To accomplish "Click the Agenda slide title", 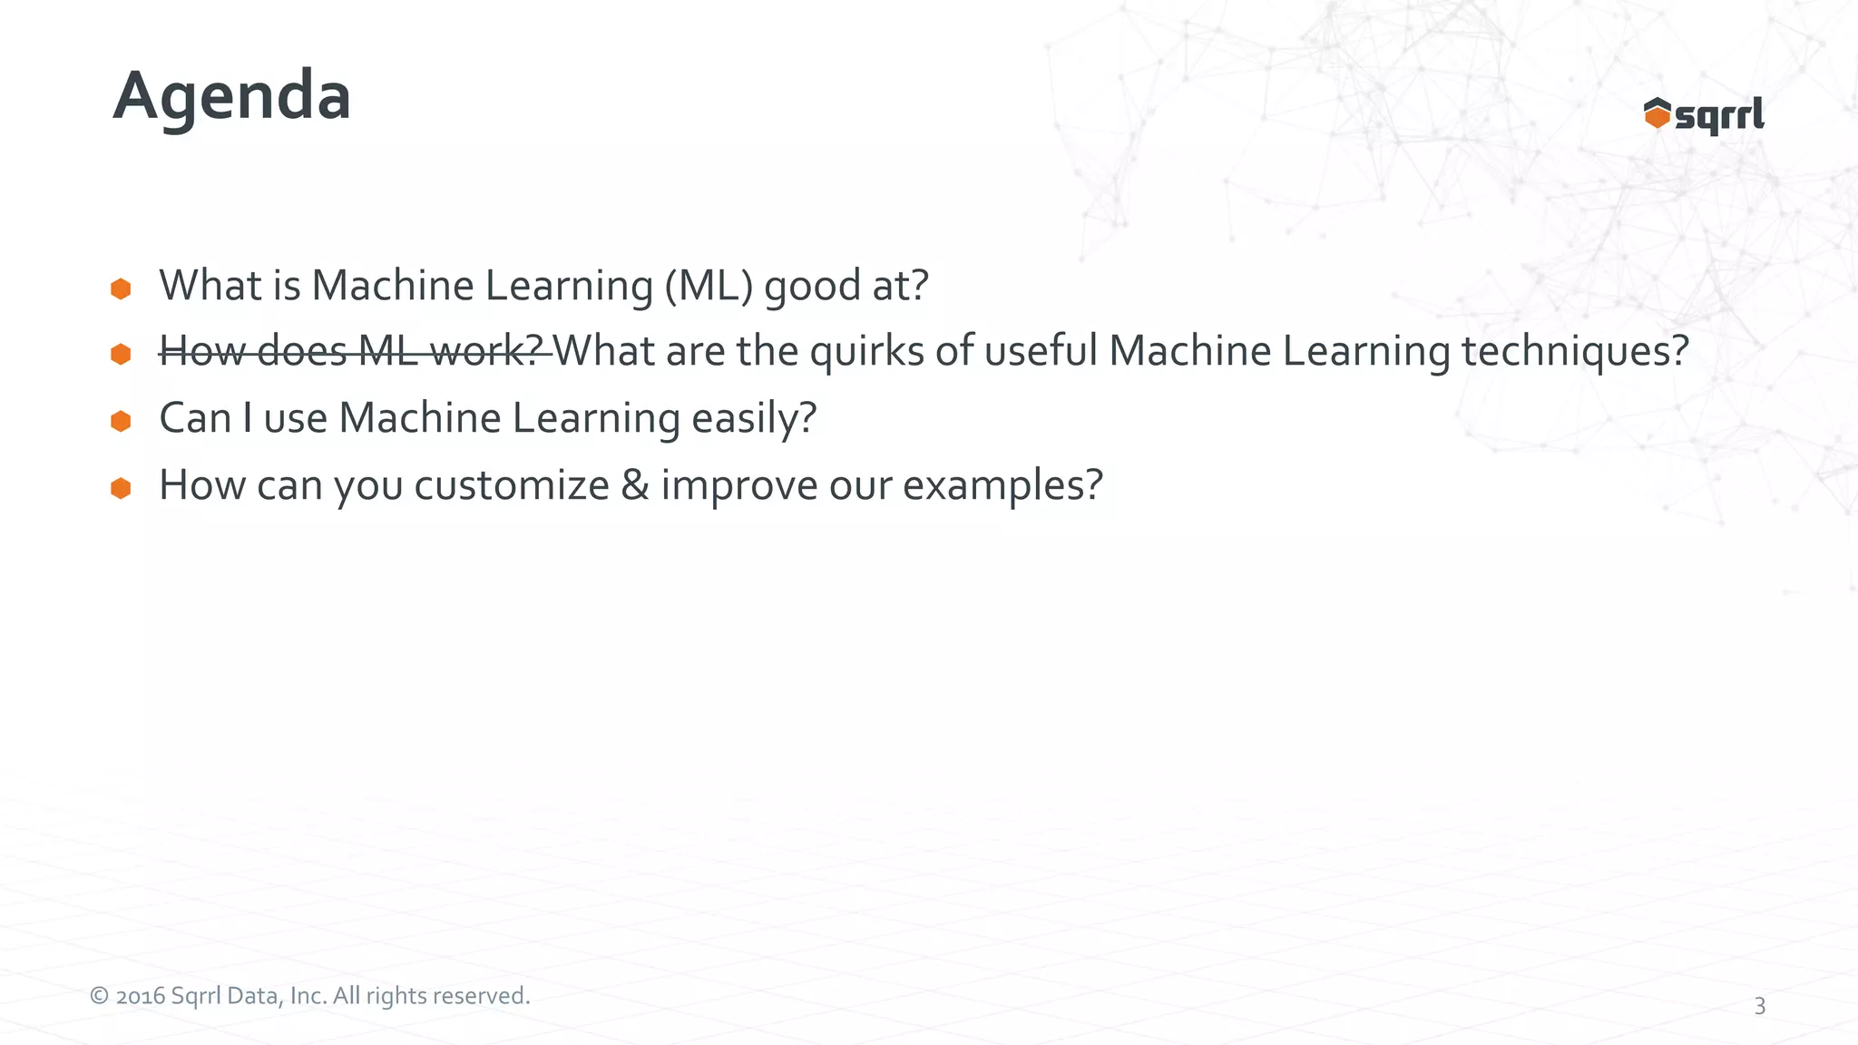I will point(232,96).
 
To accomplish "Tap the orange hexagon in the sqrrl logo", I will point(1657,114).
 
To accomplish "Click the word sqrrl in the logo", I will point(1719,116).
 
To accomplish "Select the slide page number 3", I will point(1759,1006).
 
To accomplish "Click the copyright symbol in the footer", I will point(99,996).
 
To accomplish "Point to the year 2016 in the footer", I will point(140,996).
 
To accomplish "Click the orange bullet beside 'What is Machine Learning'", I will point(121,288).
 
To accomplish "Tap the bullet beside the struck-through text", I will point(121,354).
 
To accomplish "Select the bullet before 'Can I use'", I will point(121,421).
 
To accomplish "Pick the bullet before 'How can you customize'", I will point(121,488).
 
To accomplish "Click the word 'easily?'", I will point(754,418).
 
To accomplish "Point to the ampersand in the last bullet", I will point(635,485).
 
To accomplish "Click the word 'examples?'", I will point(1002,485).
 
